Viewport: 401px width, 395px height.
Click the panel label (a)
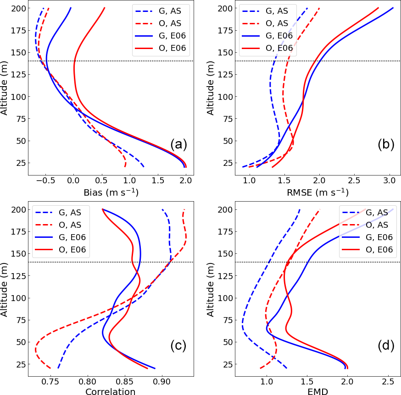[178, 144]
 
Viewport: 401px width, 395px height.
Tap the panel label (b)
[386, 144]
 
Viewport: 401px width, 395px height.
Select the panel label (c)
[178, 346]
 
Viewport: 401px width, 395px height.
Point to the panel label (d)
[386, 346]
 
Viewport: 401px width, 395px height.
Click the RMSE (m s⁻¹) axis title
[318, 192]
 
